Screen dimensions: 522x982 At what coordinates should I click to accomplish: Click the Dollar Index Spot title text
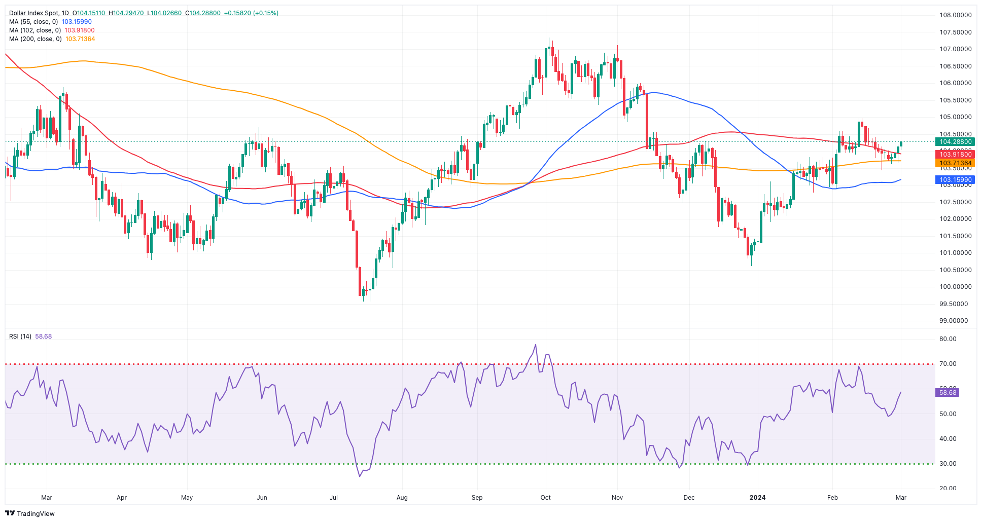coord(31,13)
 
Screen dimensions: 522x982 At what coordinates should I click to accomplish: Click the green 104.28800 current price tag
coord(955,142)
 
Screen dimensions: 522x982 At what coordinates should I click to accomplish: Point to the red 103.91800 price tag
coord(955,155)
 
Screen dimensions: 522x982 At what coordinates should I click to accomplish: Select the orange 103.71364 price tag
coord(955,163)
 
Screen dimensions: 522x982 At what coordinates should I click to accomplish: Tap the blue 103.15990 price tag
coord(955,180)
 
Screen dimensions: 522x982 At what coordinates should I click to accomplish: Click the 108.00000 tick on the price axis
coord(955,15)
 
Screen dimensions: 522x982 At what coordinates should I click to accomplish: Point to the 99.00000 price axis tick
coord(954,321)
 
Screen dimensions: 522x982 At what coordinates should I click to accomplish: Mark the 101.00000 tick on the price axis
coord(955,253)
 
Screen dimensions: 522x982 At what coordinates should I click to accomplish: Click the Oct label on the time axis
coord(546,498)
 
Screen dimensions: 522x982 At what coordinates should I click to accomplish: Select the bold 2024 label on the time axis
coord(758,498)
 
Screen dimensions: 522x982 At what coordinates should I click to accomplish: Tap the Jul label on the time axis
coord(334,498)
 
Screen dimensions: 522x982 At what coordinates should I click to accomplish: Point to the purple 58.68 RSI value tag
coord(947,393)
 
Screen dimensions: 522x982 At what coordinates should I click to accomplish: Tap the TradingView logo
coord(30,513)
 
